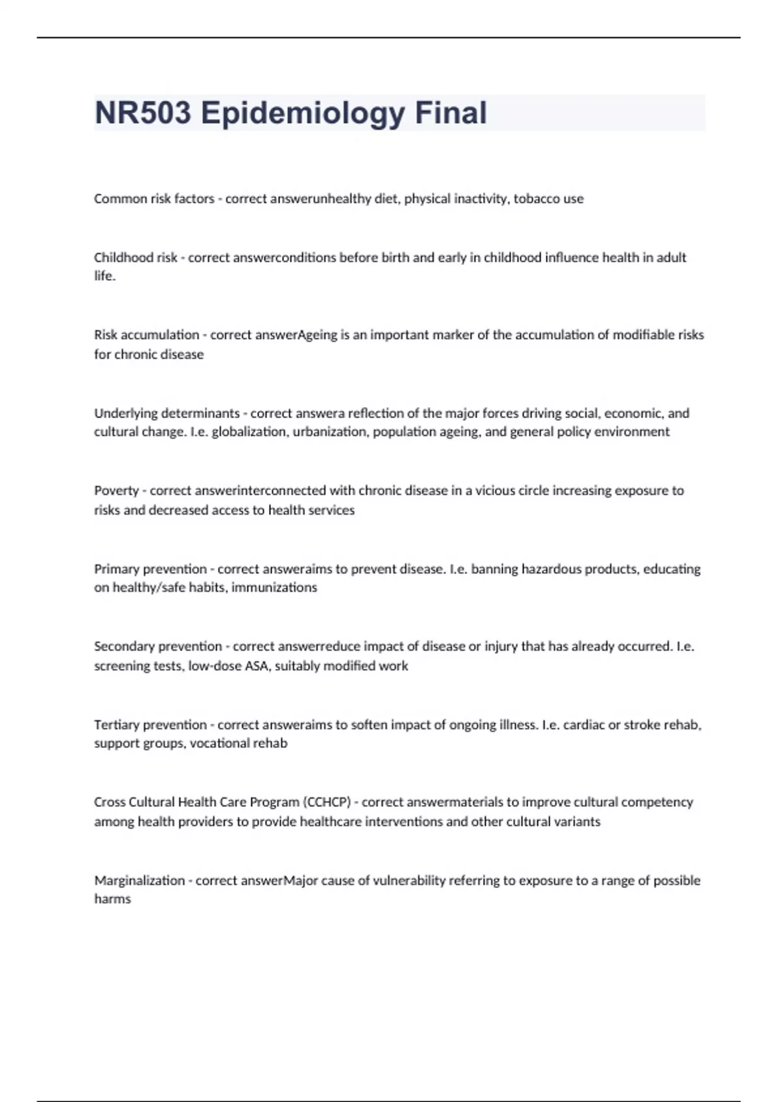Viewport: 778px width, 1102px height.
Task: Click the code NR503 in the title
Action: coord(143,113)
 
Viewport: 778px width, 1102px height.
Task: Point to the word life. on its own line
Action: coord(104,276)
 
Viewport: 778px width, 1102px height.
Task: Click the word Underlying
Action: coord(126,413)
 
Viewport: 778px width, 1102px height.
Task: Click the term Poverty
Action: coord(116,491)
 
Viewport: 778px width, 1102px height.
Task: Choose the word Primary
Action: coord(117,569)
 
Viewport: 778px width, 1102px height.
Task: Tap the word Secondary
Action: coord(125,646)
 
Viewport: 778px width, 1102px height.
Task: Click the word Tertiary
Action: coord(117,725)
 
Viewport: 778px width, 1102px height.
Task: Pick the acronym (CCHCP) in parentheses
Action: coord(327,803)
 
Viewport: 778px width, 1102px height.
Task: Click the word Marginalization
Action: coord(139,880)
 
